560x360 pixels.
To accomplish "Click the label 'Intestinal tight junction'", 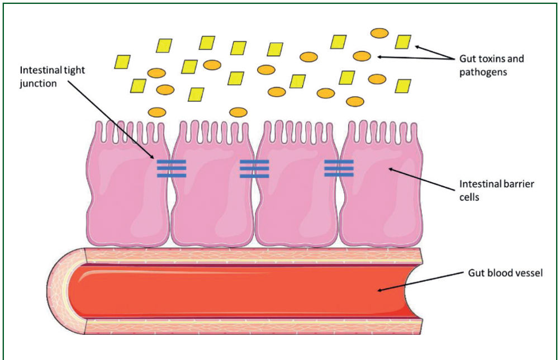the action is [53, 77].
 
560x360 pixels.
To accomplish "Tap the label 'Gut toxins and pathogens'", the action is [491, 65].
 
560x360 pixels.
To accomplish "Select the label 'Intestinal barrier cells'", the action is [496, 191].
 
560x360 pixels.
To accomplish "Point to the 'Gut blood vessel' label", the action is [505, 273].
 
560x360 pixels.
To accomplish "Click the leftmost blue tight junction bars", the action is [172, 169].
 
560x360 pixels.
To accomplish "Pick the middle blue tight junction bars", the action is [254, 169].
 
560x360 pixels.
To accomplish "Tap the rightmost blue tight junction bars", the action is [339, 168].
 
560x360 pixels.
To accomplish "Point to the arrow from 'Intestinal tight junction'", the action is [111, 120].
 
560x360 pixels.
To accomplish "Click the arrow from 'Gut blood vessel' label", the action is [420, 282].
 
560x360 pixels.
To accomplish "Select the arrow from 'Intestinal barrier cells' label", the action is [422, 179].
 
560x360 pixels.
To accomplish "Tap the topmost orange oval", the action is [379, 33].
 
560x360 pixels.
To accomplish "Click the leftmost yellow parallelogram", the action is [122, 62].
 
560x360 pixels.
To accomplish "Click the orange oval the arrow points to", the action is [362, 56].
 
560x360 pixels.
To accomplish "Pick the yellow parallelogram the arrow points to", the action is [403, 42].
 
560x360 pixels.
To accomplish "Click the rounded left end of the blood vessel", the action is [66, 291].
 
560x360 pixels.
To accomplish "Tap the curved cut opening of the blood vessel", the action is [411, 291].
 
